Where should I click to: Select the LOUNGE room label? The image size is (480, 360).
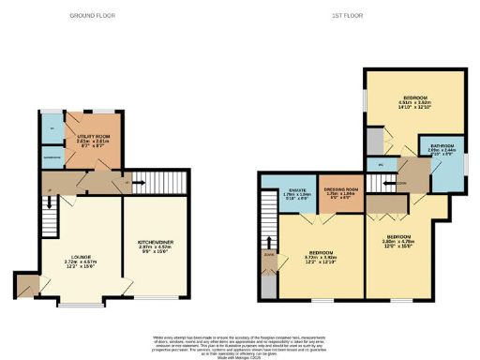pos(80,255)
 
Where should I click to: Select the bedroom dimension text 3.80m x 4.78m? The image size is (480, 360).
pos(397,241)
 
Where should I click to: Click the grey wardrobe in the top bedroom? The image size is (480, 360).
pos(375,141)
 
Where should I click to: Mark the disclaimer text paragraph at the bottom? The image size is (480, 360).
pos(239,342)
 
